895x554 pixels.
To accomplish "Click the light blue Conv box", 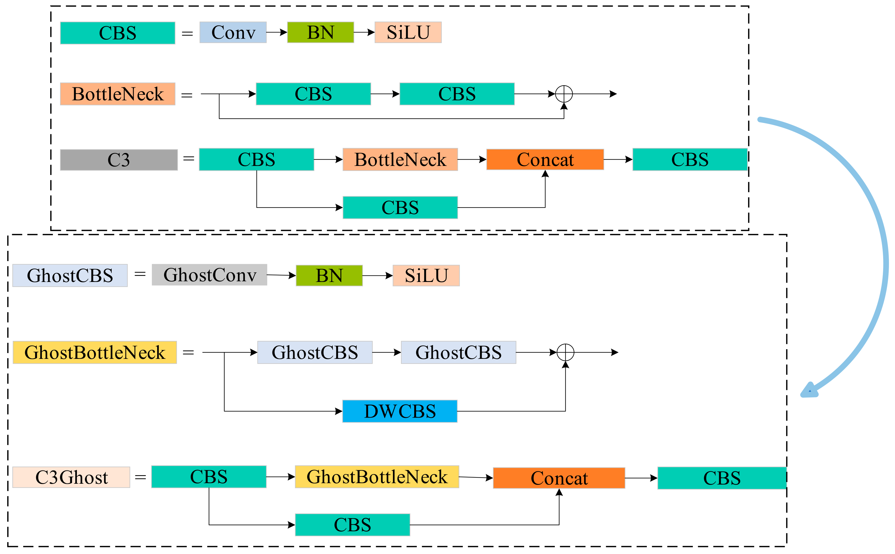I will (x=233, y=32).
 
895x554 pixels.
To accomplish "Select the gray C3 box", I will (x=119, y=160).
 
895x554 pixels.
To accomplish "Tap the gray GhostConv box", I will (x=209, y=275).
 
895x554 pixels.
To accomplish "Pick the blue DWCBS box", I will (x=400, y=411).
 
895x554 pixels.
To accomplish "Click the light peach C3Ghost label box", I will (x=71, y=477).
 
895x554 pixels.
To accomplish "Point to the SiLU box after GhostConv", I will (x=426, y=276).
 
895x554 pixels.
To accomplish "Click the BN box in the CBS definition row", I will (x=320, y=32).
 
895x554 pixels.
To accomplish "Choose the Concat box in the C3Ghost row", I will (x=559, y=478).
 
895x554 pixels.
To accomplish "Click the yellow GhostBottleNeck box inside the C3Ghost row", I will (x=377, y=477).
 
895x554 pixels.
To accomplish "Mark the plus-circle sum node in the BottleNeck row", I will (x=564, y=94).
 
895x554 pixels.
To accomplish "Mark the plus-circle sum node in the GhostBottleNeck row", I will (x=565, y=353).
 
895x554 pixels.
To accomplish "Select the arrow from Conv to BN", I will (x=277, y=32).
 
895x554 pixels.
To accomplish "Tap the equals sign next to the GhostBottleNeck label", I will (x=188, y=353).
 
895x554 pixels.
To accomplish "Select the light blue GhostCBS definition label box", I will (x=70, y=276).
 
